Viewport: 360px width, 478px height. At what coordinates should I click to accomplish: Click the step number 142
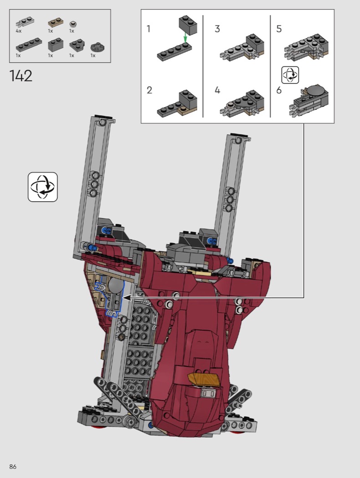coord(21,76)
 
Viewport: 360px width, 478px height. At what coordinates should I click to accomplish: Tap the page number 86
coord(13,467)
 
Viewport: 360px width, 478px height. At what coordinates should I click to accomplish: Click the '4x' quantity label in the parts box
coord(19,31)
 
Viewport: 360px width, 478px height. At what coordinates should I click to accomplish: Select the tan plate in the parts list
coord(55,23)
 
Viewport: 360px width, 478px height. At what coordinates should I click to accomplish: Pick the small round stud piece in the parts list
coord(73,24)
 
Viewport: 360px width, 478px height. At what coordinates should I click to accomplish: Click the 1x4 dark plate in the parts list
coord(29,45)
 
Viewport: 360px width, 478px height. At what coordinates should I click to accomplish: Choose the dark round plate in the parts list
coord(98,47)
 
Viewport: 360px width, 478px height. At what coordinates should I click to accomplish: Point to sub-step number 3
coord(217,29)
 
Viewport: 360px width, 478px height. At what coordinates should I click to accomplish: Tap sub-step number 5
coord(279,29)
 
